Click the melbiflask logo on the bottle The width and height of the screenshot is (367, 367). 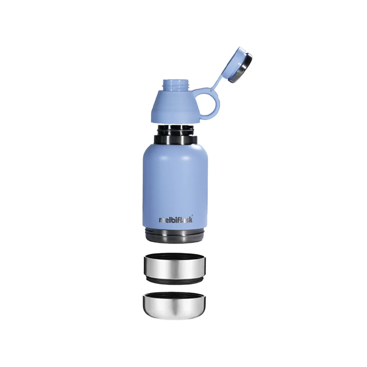click(176, 220)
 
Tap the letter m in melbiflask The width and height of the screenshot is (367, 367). click(161, 221)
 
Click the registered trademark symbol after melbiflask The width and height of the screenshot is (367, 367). click(193, 214)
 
